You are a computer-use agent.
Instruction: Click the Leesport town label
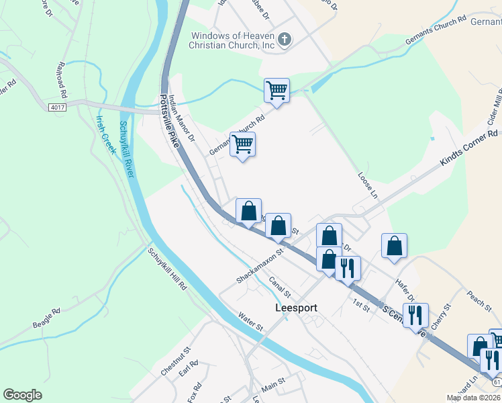tap(296, 308)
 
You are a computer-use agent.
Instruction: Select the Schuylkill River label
tap(127, 148)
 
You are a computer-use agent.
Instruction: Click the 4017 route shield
tap(58, 107)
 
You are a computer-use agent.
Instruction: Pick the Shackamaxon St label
tap(261, 264)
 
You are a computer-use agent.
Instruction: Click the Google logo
tap(22, 394)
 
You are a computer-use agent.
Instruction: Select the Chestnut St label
tap(176, 361)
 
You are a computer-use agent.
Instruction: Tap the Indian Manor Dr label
tap(181, 118)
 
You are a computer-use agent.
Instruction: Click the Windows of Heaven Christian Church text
tap(233, 40)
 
